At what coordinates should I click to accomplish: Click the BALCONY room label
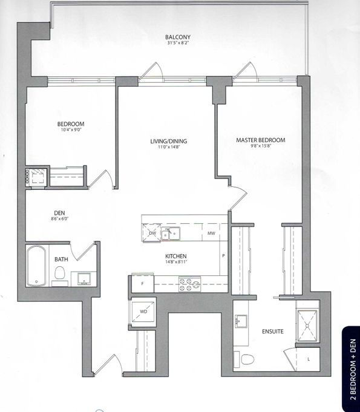coord(178,37)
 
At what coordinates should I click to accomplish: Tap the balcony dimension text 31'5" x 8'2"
coord(178,42)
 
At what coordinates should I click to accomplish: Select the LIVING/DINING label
coord(168,141)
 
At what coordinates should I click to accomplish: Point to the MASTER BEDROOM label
coord(260,140)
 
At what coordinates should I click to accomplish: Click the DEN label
coord(59,213)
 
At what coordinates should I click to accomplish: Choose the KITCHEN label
coord(176,256)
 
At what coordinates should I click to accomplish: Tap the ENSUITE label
coord(273,332)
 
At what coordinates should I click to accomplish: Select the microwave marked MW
coord(211,233)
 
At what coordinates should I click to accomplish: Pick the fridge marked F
coord(142,283)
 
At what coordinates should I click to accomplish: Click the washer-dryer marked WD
coord(143,312)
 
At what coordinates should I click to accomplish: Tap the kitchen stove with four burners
coord(189,284)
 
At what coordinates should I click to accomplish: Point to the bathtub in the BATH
coord(36,266)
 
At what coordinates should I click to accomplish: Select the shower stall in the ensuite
coord(307,325)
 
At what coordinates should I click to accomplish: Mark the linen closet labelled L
coord(308,359)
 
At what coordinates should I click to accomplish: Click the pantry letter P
coord(223,255)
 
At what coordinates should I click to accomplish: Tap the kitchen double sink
coord(171,234)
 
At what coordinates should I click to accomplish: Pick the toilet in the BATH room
coord(60,273)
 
